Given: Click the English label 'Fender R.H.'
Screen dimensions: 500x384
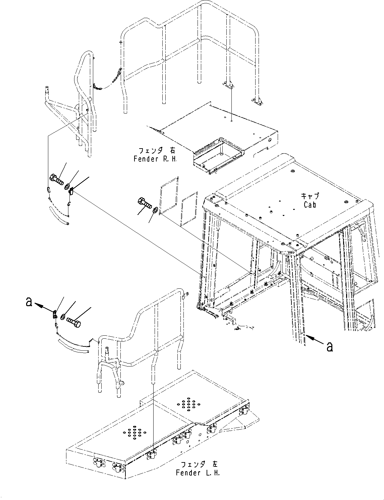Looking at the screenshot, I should tap(155, 159).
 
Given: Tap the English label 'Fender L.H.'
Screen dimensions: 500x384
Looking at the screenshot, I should tap(198, 473).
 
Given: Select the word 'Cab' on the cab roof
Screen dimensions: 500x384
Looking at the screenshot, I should tap(310, 204).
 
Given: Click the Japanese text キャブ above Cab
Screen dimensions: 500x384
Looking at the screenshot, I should tap(310, 197).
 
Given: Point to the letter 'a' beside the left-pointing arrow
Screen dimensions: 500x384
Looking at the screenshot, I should tap(29, 302).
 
